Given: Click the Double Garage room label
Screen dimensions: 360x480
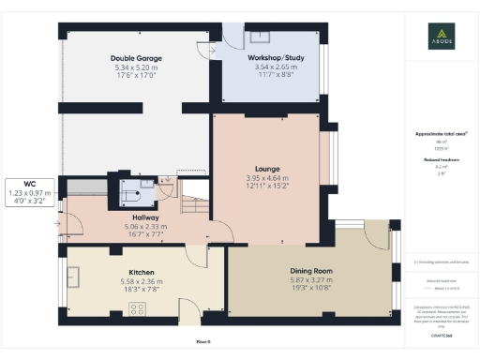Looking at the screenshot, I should pos(135,58).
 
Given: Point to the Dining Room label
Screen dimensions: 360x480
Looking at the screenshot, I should pos(310,272).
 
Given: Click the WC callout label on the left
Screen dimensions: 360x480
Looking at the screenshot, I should pos(29,184).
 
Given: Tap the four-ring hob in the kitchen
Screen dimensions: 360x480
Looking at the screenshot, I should pos(138,309).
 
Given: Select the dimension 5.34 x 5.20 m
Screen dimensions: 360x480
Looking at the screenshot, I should pos(135,67).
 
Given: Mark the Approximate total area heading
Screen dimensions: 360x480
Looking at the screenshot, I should pos(441,134).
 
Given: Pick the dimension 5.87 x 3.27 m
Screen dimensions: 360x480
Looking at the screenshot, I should pos(310,280).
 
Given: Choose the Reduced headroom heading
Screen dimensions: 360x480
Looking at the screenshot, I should pos(441,160).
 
